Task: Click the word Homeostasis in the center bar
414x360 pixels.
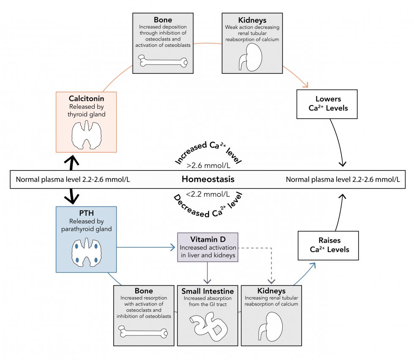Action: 208,179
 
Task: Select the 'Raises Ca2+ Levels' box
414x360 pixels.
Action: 328,245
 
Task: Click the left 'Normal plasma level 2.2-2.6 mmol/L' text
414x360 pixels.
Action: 73,179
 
